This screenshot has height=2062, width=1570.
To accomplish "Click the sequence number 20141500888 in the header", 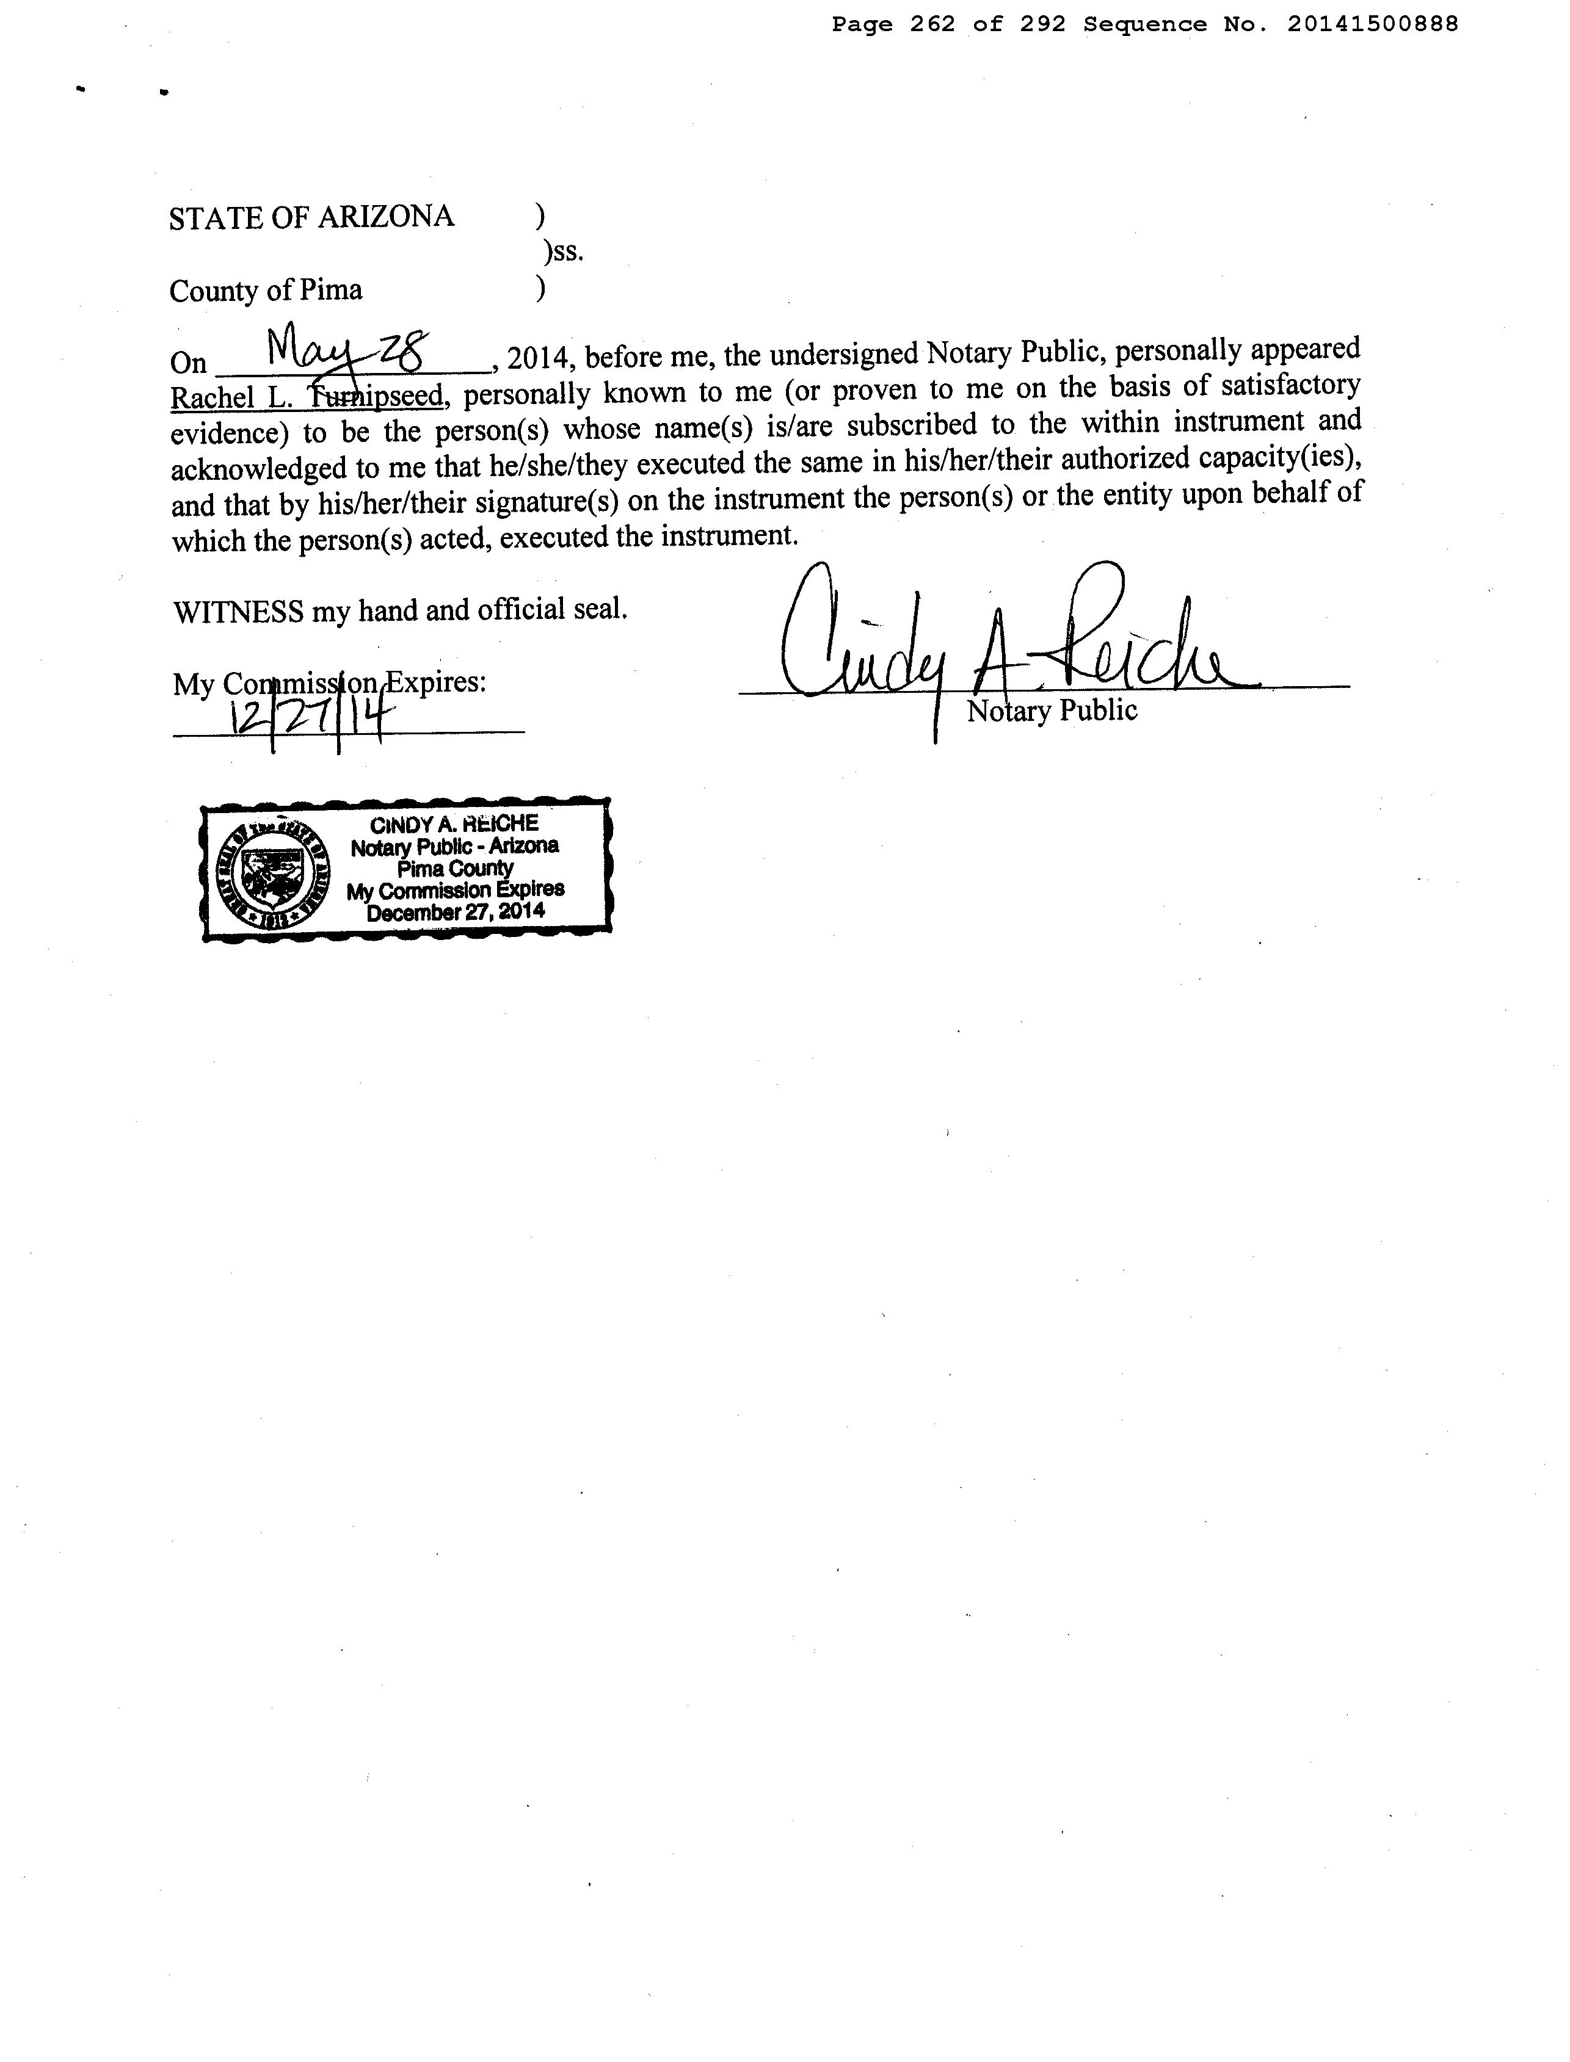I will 1372,25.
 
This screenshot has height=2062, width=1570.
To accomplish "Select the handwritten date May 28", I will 346,350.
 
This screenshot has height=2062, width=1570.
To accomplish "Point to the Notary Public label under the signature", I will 1052,711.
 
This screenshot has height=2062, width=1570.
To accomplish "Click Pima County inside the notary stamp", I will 455,868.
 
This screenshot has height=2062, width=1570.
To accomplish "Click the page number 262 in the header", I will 932,25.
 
